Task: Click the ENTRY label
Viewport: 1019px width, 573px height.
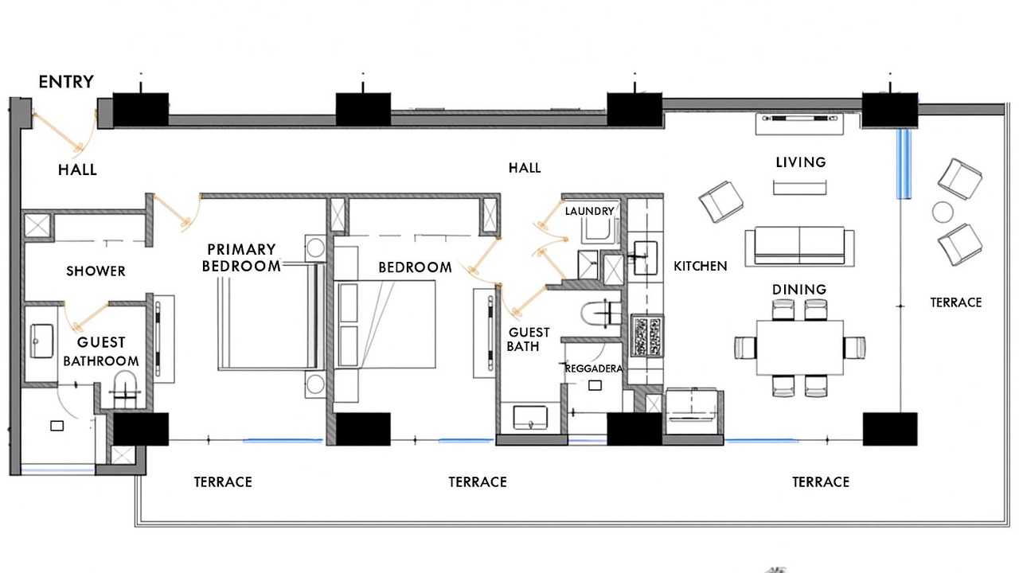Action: click(66, 82)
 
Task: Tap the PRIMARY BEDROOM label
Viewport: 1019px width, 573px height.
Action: click(241, 257)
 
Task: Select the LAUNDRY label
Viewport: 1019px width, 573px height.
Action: click(590, 211)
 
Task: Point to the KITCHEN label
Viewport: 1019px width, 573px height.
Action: click(700, 266)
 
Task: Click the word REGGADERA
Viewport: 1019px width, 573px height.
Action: click(594, 368)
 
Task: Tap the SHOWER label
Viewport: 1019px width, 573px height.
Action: click(96, 271)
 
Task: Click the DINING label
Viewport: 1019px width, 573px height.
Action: click(799, 289)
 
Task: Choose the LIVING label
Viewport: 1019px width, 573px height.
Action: click(801, 162)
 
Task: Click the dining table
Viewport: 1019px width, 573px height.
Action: click(800, 348)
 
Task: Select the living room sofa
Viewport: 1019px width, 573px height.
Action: click(799, 247)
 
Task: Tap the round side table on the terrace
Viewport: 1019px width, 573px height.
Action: click(943, 212)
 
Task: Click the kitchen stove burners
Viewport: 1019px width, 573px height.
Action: click(646, 336)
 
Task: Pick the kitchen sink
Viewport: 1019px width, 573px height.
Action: click(646, 258)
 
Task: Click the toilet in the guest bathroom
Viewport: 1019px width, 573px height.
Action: click(125, 389)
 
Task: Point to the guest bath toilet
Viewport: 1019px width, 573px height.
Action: click(601, 314)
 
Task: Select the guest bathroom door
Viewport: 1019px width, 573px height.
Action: click(87, 317)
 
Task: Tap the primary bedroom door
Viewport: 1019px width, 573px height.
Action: click(177, 212)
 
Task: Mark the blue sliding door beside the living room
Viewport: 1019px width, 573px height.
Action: click(904, 164)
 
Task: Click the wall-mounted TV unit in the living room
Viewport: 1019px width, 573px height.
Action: click(799, 124)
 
